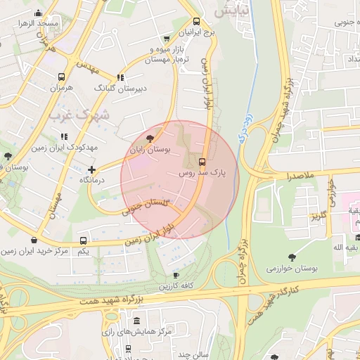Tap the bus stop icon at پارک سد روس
point(203,160)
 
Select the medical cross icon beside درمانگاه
point(91,169)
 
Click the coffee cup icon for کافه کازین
point(176,275)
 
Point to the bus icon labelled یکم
point(84,240)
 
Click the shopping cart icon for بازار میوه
point(167,39)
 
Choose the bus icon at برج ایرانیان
point(196,21)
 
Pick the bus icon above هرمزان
point(62,77)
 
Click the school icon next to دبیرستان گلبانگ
point(120,77)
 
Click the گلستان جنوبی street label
point(146,205)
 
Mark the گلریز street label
point(320,214)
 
